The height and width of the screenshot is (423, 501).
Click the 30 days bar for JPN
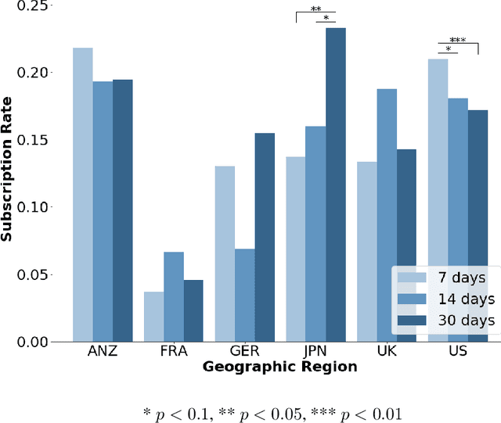336,185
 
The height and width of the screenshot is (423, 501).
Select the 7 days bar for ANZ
83,195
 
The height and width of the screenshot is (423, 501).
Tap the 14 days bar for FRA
174,296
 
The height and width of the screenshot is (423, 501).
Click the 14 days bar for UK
387,215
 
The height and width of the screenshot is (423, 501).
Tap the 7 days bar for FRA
153,317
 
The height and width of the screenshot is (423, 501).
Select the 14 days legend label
466,299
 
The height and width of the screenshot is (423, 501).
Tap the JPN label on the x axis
315,352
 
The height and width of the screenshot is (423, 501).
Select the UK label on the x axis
387,352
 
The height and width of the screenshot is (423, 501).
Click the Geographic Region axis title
279,366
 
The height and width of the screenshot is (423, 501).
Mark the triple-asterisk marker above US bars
458,41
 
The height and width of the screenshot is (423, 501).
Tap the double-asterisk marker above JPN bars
315,10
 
